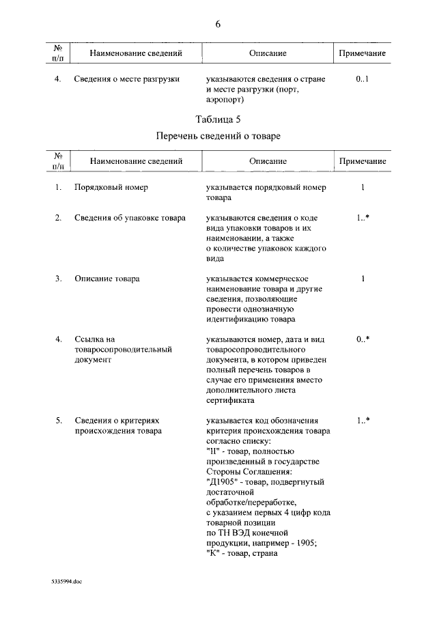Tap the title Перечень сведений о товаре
tap(218, 136)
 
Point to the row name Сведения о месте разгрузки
tap(127, 79)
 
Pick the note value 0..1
tap(363, 79)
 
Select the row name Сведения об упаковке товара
tap(130, 218)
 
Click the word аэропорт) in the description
tap(225, 100)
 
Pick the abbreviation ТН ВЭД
tap(231, 533)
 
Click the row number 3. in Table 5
tap(59, 279)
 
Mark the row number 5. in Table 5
tap(59, 421)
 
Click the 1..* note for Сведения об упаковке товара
tap(363, 218)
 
